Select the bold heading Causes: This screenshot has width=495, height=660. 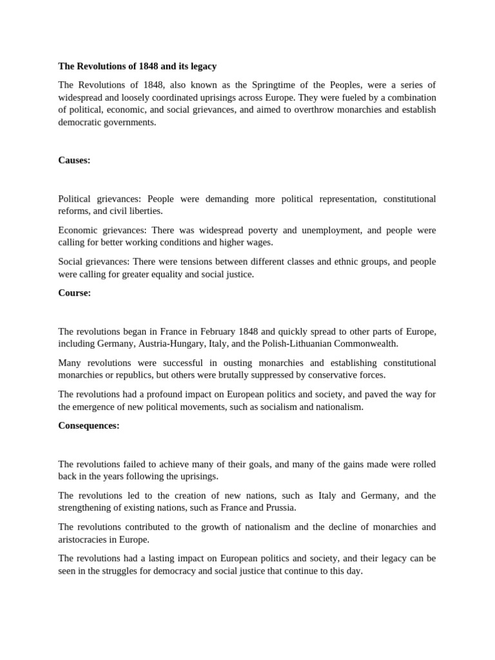tap(74, 160)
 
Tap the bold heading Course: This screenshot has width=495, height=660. tap(74, 293)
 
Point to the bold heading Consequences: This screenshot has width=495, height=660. tap(89, 425)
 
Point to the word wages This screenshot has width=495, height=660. tap(260, 242)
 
